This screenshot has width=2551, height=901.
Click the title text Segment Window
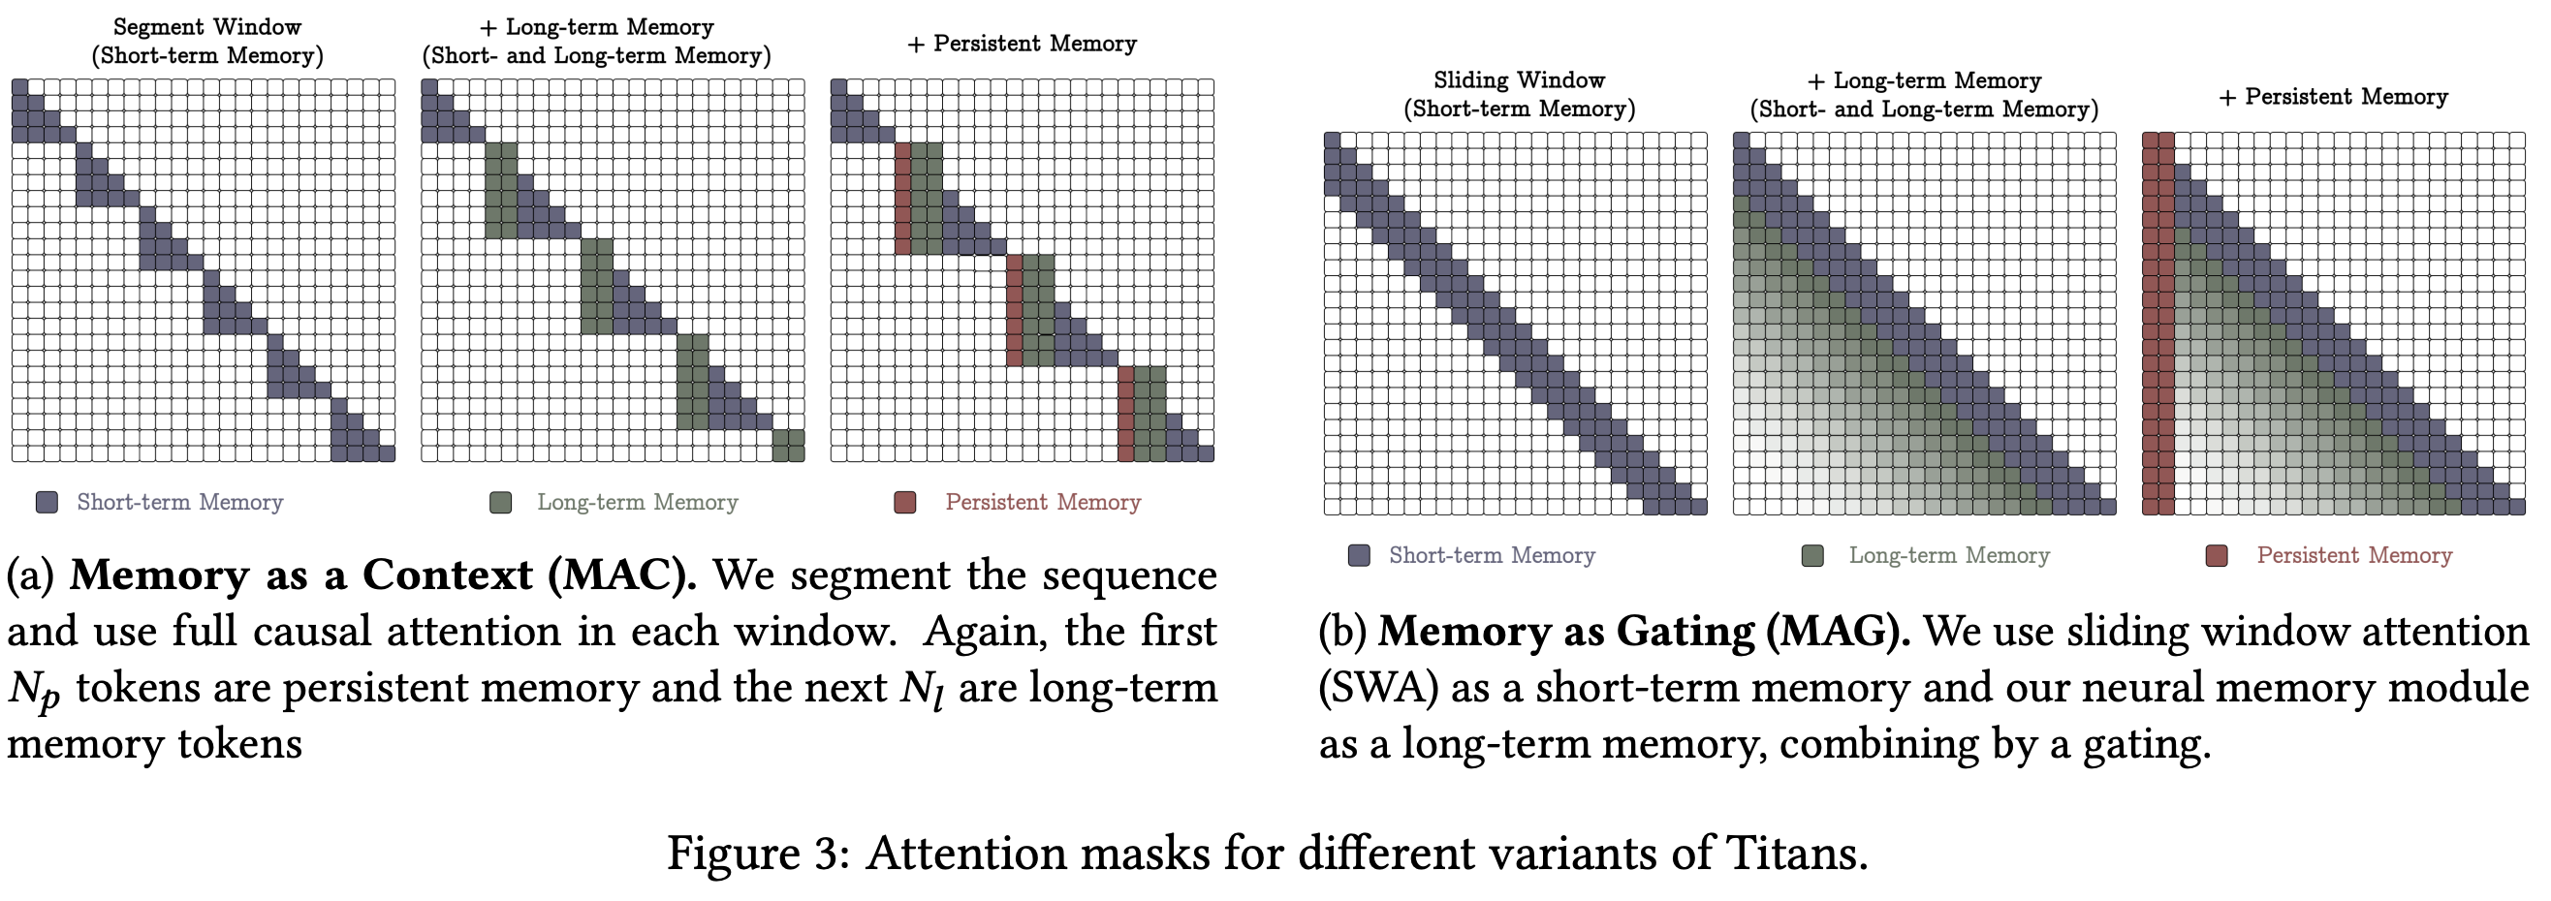207,27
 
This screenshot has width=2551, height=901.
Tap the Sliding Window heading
1518,80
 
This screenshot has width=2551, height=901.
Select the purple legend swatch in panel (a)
47,502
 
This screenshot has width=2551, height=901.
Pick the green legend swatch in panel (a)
500,502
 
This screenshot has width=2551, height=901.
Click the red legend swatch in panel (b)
2217,555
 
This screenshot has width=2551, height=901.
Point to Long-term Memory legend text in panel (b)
1948,555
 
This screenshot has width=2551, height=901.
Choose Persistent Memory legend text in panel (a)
1042,502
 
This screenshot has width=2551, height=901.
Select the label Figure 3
757,853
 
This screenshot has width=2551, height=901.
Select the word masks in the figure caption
1144,853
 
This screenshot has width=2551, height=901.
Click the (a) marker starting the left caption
30,575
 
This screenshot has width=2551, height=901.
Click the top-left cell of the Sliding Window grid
1332,140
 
